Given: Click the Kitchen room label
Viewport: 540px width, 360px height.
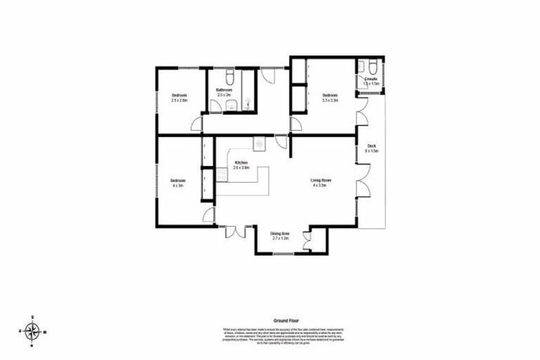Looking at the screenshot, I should tap(241, 162).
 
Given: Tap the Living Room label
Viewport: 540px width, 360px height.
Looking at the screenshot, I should tap(321, 181).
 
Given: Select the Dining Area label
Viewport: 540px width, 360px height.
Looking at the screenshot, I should tap(281, 234).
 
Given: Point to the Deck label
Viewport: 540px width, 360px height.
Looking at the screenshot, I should tap(371, 146).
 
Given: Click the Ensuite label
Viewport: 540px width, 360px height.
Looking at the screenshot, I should tap(371, 79).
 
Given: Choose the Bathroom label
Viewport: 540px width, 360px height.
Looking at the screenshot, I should tap(224, 91).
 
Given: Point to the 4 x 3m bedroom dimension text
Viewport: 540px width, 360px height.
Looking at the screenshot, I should tap(177, 186).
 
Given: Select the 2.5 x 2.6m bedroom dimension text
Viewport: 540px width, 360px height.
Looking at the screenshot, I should tap(179, 101).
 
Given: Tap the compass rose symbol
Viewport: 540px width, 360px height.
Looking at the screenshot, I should tap(32, 330).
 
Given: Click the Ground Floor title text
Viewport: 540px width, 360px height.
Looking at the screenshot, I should tap(281, 319).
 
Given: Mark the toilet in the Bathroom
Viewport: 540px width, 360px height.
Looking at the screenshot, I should tap(231, 76).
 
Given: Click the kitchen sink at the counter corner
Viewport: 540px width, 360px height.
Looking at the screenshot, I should tap(259, 144).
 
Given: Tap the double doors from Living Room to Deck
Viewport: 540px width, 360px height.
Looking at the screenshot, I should tap(362, 180).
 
